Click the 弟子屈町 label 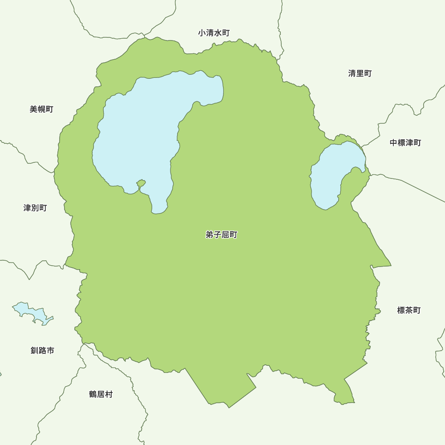click(x=221, y=235)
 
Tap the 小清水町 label click(x=214, y=33)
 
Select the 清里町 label click(x=360, y=73)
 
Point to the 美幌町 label click(x=41, y=109)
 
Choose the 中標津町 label click(x=405, y=143)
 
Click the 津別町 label click(x=35, y=208)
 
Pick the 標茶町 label click(x=409, y=310)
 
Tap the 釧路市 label click(x=42, y=350)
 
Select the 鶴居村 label click(x=101, y=394)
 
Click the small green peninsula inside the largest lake click(x=141, y=183)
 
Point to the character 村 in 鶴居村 click(x=109, y=394)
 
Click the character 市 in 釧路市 click(x=50, y=350)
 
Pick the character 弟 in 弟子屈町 click(x=210, y=235)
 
